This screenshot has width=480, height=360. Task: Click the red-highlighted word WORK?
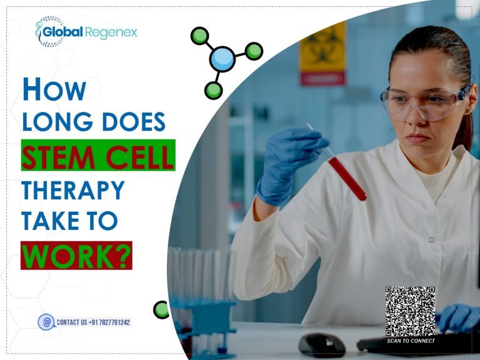coord(76,255)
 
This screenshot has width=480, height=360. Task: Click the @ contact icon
coord(46,322)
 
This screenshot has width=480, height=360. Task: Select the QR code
coord(410,311)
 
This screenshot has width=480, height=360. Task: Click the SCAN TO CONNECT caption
coord(411,341)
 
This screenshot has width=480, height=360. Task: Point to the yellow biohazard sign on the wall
coord(322,53)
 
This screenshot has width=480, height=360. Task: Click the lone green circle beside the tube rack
coord(161,309)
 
